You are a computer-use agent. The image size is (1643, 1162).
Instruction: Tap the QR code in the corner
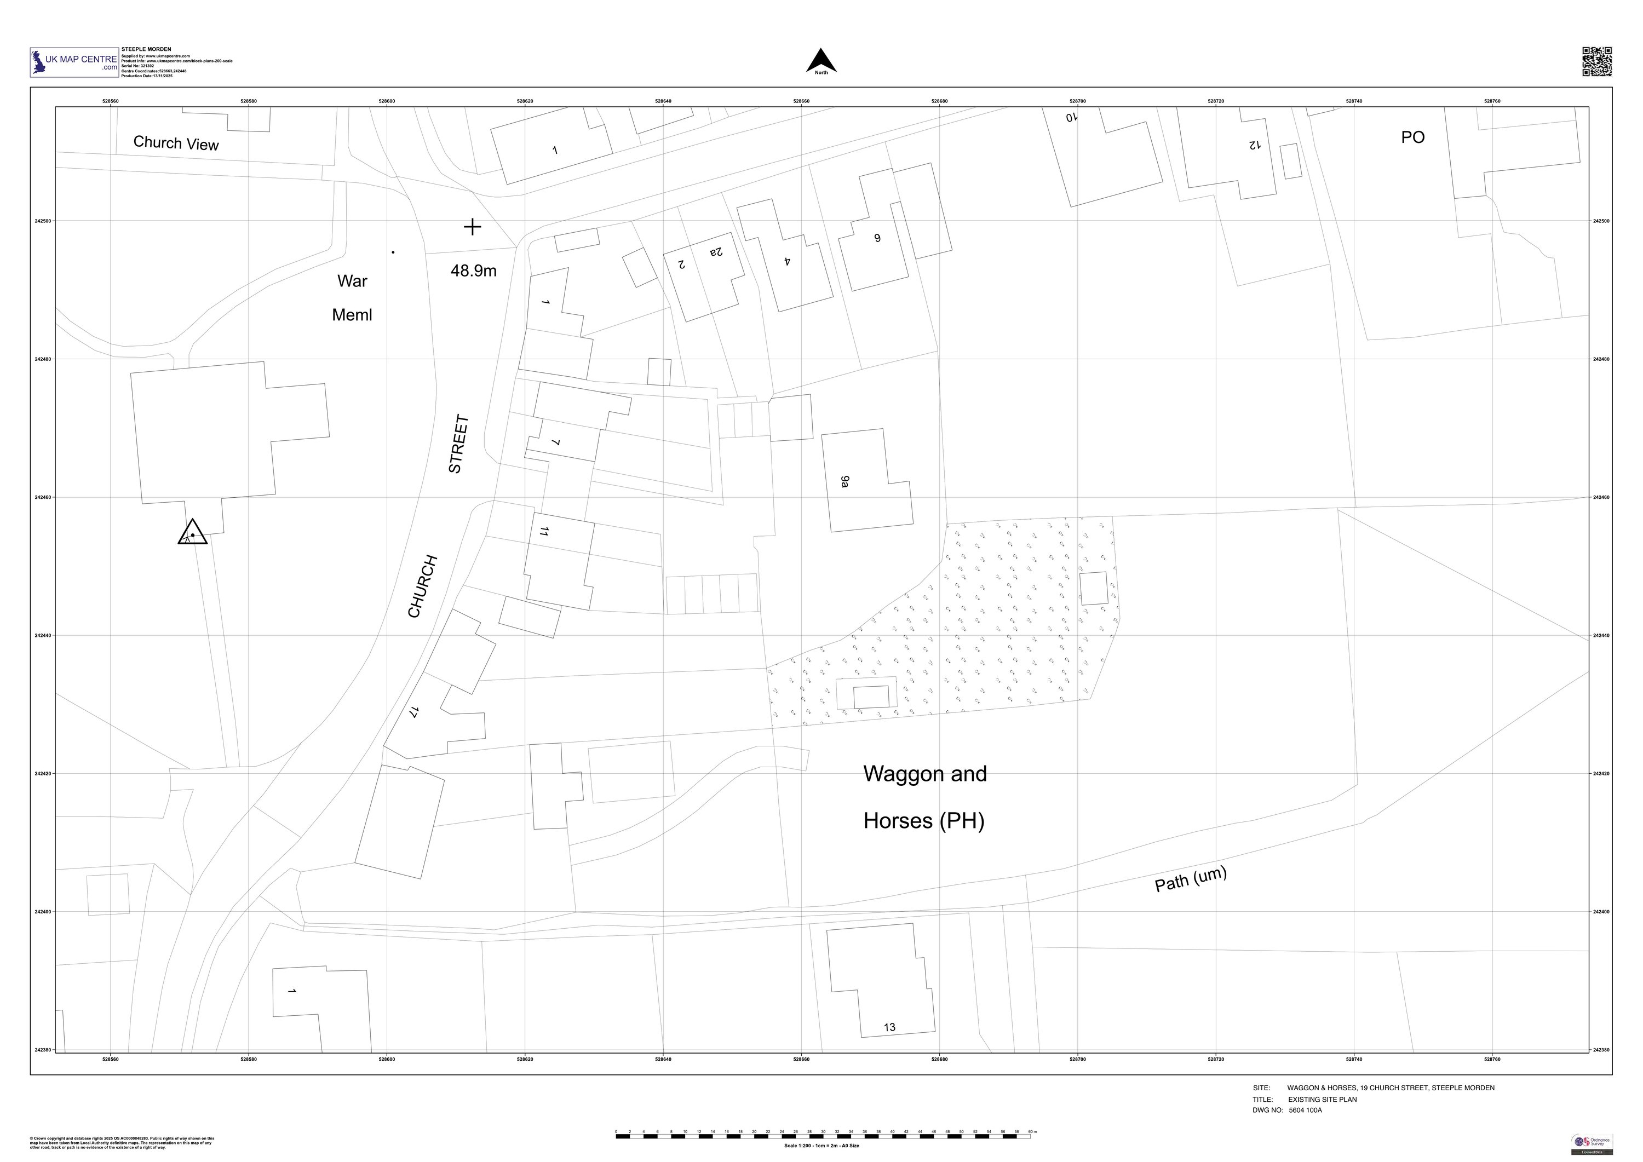click(x=1596, y=61)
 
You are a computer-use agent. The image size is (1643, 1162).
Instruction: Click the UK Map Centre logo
click(x=74, y=62)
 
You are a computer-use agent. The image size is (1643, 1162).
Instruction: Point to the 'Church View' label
click(x=176, y=143)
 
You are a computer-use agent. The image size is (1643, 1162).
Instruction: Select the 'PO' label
click(x=1412, y=137)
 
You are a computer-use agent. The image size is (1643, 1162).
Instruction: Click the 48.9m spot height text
click(x=473, y=271)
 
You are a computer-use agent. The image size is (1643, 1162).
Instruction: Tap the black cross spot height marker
click(x=472, y=227)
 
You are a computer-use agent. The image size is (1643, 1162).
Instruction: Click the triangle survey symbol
click(x=192, y=533)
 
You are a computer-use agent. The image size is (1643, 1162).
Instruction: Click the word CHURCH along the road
click(x=422, y=586)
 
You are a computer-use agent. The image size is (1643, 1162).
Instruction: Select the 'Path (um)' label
click(x=1191, y=879)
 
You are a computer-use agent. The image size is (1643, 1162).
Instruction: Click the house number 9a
click(x=845, y=481)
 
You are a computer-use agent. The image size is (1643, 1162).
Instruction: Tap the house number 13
click(x=889, y=1027)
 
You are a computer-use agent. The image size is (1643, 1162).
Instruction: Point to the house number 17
click(x=413, y=712)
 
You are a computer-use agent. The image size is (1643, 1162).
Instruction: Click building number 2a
click(x=716, y=252)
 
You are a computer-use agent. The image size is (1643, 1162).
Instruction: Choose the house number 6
click(x=877, y=238)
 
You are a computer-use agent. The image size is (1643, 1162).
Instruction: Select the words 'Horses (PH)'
click(x=923, y=821)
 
